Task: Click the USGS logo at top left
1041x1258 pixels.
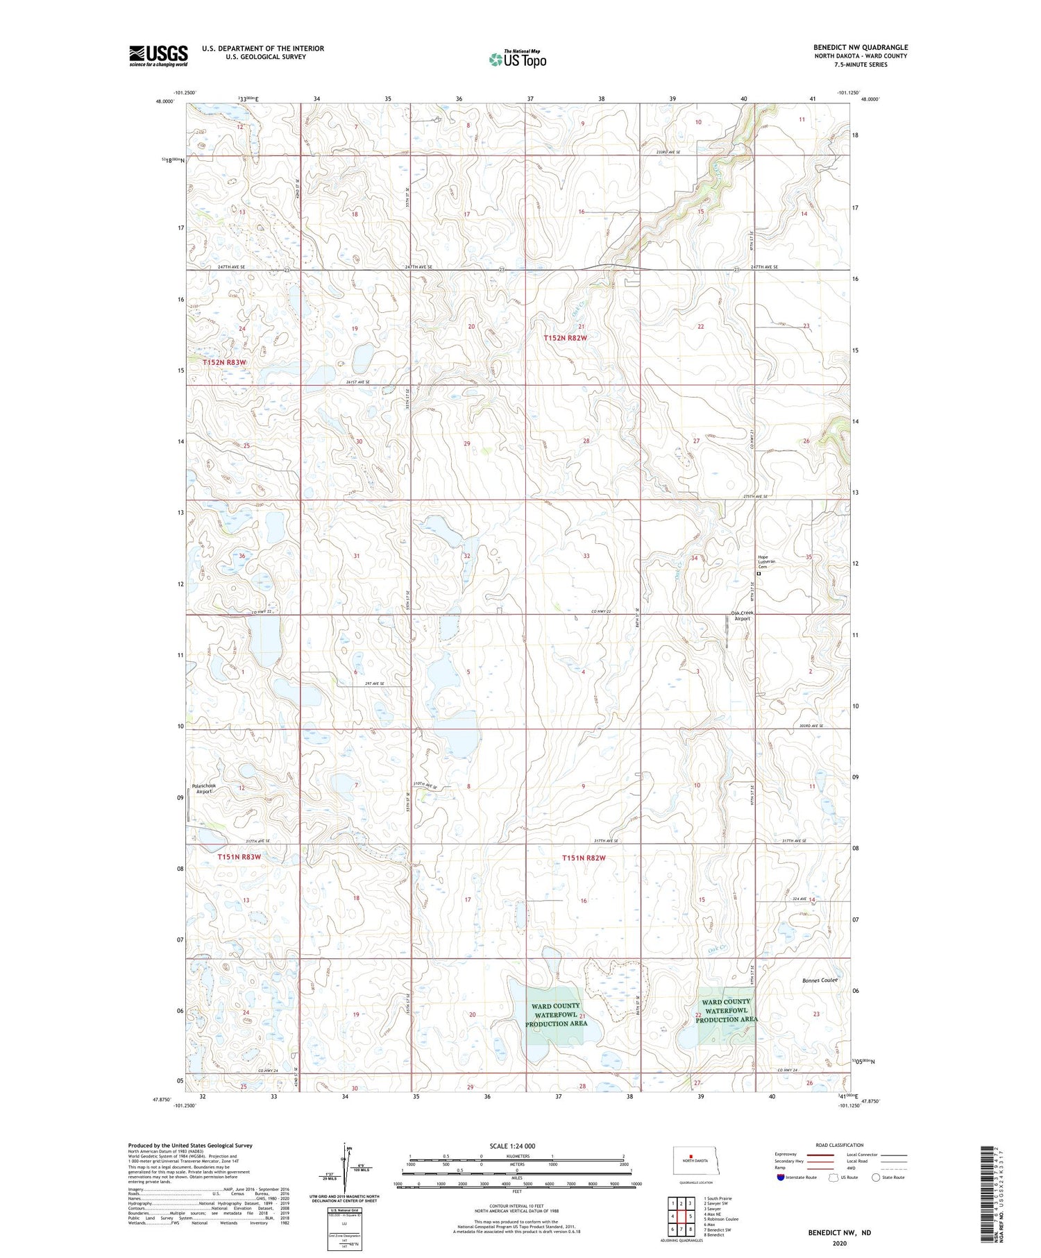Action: [x=158, y=56]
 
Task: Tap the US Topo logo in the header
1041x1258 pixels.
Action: [x=517, y=59]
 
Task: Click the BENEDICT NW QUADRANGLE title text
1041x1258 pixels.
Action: [x=861, y=47]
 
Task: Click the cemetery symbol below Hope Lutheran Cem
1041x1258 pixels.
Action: [x=759, y=575]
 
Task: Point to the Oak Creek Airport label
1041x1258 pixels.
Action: [x=742, y=615]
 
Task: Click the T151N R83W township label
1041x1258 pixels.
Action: [x=239, y=857]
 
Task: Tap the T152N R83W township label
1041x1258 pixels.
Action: [x=224, y=362]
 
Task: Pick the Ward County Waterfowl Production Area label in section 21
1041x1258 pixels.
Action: [x=556, y=1014]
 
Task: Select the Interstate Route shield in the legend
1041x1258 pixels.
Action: [x=781, y=1177]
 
